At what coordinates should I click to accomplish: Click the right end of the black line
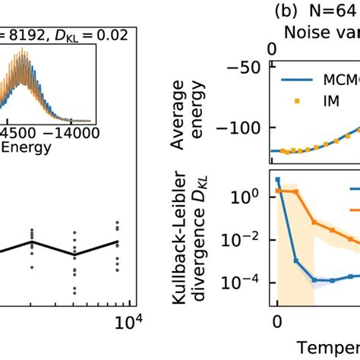click(117, 242)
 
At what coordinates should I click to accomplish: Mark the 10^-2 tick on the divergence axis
click(250, 240)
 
